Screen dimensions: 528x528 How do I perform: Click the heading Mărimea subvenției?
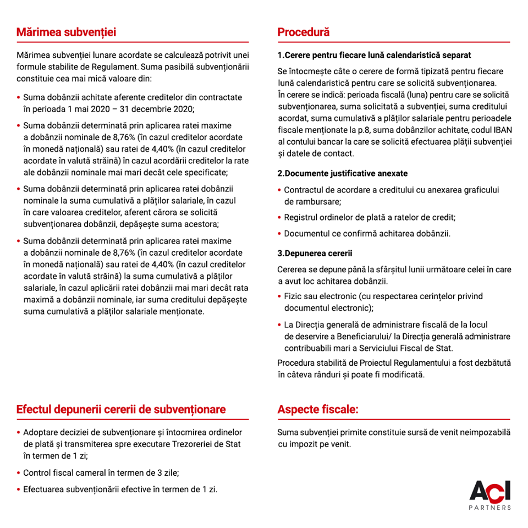click(66, 32)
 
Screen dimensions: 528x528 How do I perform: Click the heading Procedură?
click(304, 32)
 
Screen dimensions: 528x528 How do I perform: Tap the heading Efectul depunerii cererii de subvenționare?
click(121, 410)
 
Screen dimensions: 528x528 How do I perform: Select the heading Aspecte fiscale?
click(318, 410)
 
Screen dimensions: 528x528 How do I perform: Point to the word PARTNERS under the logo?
click(490, 508)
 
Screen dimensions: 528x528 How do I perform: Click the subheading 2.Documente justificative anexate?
click(343, 173)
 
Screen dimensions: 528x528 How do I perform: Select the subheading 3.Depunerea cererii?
click(315, 254)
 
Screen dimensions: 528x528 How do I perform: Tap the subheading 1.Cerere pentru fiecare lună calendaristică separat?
click(374, 56)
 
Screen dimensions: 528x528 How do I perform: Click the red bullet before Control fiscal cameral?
click(19, 472)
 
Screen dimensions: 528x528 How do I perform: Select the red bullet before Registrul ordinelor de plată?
click(280, 217)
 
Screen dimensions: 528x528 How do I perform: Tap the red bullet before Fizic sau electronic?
click(280, 296)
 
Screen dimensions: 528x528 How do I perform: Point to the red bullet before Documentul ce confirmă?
click(280, 234)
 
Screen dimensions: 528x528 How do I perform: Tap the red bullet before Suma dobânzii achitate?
click(19, 97)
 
